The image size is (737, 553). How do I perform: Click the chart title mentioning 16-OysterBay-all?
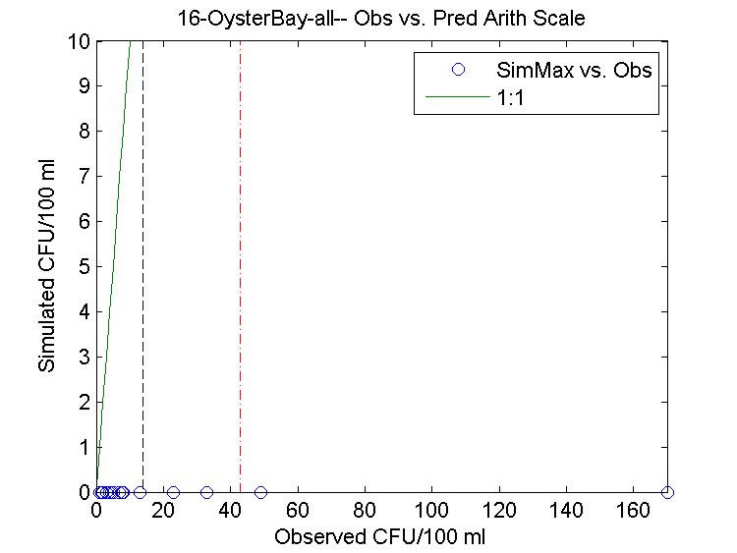pyautogui.click(x=380, y=19)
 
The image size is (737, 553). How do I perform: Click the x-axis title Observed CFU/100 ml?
pyautogui.click(x=380, y=537)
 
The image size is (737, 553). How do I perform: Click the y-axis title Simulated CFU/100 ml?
pyautogui.click(x=46, y=267)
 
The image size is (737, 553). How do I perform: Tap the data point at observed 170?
pyautogui.click(x=668, y=492)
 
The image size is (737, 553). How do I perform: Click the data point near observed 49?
pyautogui.click(x=260, y=492)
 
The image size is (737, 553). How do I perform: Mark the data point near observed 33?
pyautogui.click(x=206, y=492)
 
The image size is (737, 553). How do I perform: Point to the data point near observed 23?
pyautogui.click(x=173, y=492)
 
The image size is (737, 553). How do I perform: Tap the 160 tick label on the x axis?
pyautogui.click(x=634, y=512)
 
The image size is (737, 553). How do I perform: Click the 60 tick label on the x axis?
pyautogui.click(x=298, y=512)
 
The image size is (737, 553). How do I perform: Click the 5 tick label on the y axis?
pyautogui.click(x=85, y=267)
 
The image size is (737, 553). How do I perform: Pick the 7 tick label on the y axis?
pyautogui.click(x=85, y=177)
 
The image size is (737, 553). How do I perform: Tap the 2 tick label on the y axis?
pyautogui.click(x=85, y=403)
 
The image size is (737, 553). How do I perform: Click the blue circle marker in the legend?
pyautogui.click(x=457, y=70)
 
